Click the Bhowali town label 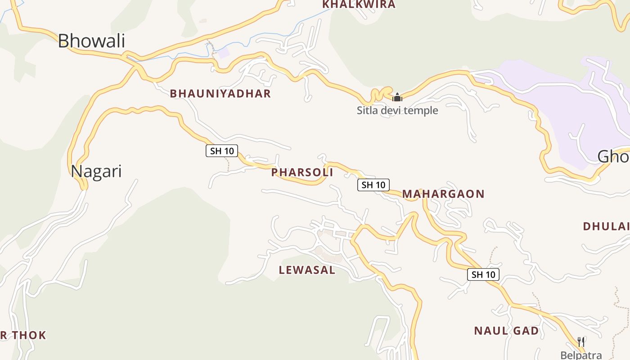point(91,41)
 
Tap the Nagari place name point(96,171)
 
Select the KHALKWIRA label point(359,4)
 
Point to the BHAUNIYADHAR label point(220,94)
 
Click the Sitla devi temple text point(397,110)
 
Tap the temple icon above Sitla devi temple point(397,97)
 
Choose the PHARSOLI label point(302,172)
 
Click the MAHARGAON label point(443,194)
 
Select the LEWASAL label point(307,270)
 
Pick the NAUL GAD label point(506,331)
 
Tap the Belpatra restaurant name point(581,355)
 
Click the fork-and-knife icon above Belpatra point(581,342)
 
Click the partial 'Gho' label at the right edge point(613,157)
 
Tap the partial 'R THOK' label point(23,335)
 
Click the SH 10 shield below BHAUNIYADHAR point(222,151)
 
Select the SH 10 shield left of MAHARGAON point(373,184)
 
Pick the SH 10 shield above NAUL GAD point(483,274)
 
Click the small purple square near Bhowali point(223,53)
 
